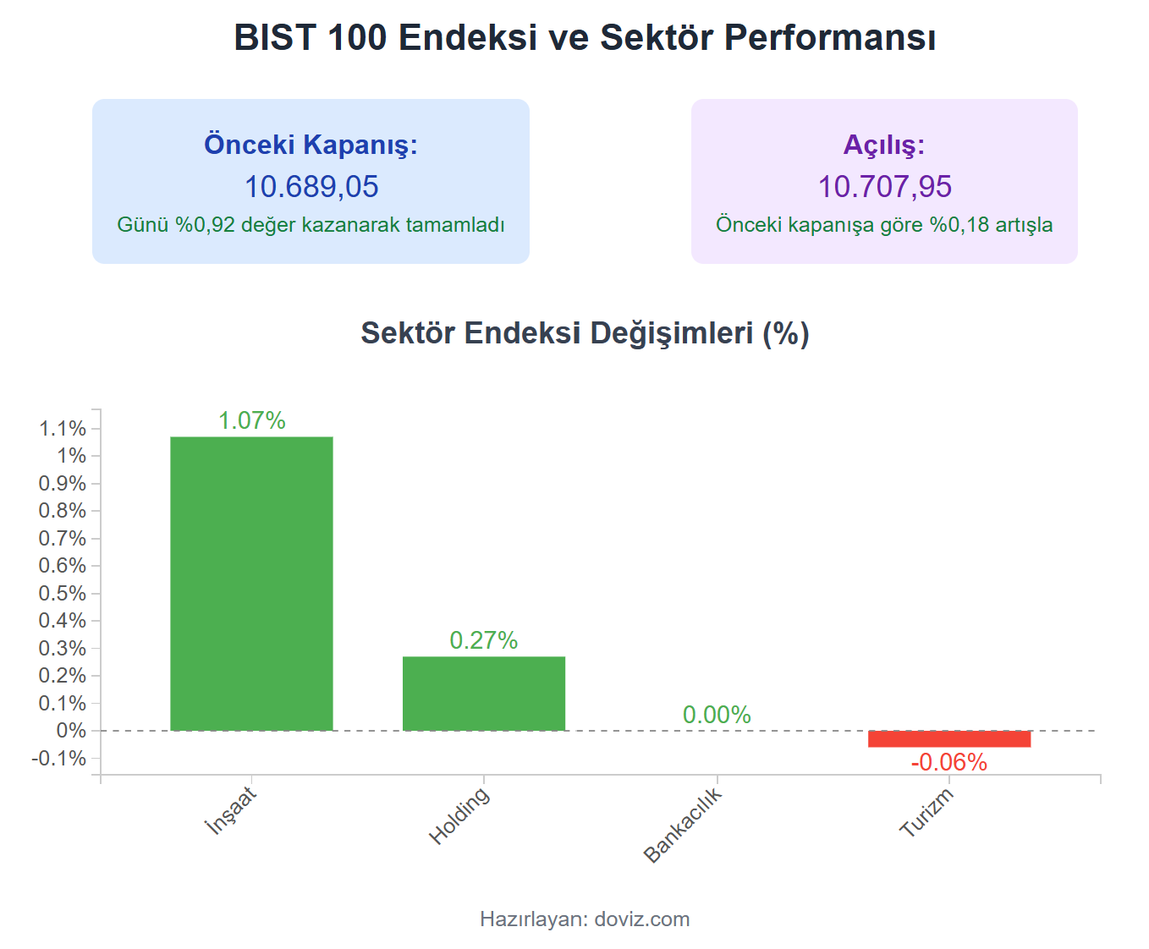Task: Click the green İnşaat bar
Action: [251, 583]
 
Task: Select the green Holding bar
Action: [483, 693]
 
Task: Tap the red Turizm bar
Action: [948, 738]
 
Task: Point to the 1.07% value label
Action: [251, 420]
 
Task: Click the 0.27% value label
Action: [483, 640]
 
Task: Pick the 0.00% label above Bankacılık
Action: [717, 715]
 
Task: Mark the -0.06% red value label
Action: [948, 762]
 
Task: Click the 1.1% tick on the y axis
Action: [63, 429]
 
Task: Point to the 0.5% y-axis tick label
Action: [63, 594]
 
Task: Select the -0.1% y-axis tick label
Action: [59, 759]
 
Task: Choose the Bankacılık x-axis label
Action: [683, 825]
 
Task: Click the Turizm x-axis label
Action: [926, 812]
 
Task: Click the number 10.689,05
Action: [311, 187]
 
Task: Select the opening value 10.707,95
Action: [884, 187]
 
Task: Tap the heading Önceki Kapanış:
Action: [311, 145]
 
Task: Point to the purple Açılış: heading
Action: [884, 145]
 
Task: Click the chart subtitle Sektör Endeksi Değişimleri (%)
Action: [585, 333]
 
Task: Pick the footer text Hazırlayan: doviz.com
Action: [585, 919]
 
